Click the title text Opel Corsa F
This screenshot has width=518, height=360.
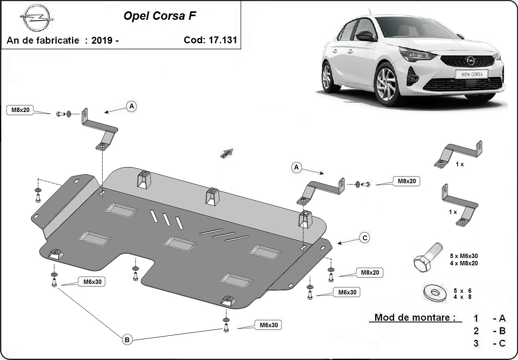(160, 17)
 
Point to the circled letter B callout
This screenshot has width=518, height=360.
(127, 340)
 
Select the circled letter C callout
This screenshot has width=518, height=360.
(365, 238)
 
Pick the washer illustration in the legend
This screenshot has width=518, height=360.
(433, 293)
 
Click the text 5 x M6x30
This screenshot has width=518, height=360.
(463, 256)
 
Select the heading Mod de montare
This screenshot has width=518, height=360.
(415, 318)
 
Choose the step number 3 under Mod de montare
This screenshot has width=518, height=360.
(476, 343)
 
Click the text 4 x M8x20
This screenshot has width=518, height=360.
(463, 263)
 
